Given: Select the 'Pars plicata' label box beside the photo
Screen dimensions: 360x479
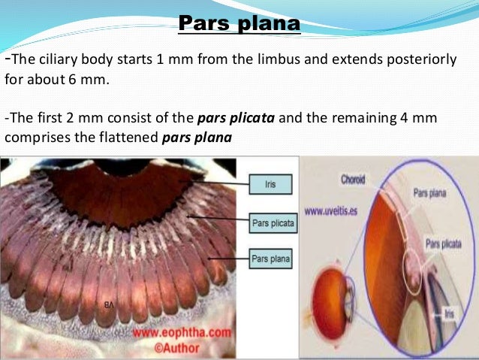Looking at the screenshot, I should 272,223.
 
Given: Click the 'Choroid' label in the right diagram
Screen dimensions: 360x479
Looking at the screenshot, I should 353,180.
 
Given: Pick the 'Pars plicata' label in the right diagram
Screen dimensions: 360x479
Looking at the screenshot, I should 444,244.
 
